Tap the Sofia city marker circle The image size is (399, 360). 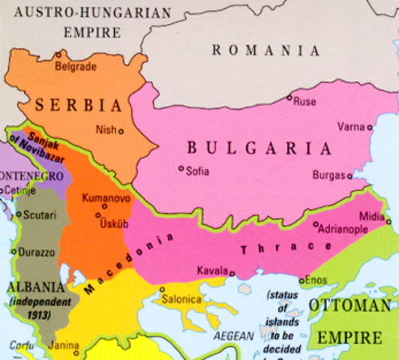(181, 169)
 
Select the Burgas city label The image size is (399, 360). (328, 176)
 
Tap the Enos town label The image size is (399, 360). (317, 280)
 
